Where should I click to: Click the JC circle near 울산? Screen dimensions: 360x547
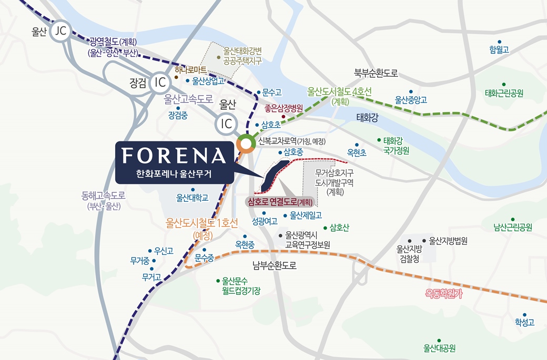pyautogui.click(x=60, y=32)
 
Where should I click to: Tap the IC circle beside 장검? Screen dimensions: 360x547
pyautogui.click(x=159, y=83)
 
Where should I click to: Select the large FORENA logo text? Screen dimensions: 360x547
pyautogui.click(x=174, y=156)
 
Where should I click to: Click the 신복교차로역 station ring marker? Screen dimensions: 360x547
pyautogui.click(x=245, y=142)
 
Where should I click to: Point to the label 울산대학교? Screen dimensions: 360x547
pyautogui.click(x=193, y=198)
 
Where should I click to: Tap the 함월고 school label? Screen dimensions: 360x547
pyautogui.click(x=499, y=50)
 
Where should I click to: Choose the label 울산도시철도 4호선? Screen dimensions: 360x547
pyautogui.click(x=339, y=91)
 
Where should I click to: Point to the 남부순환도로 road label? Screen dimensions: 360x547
pyautogui.click(x=274, y=265)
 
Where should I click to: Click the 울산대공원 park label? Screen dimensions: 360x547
pyautogui.click(x=439, y=348)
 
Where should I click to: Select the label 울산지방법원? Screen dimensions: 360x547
pyautogui.click(x=448, y=241)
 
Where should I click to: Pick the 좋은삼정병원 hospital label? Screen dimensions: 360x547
pyautogui.click(x=283, y=109)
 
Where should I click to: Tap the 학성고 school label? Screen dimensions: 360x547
pyautogui.click(x=524, y=322)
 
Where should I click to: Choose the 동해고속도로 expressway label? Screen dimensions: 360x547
pyautogui.click(x=104, y=196)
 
